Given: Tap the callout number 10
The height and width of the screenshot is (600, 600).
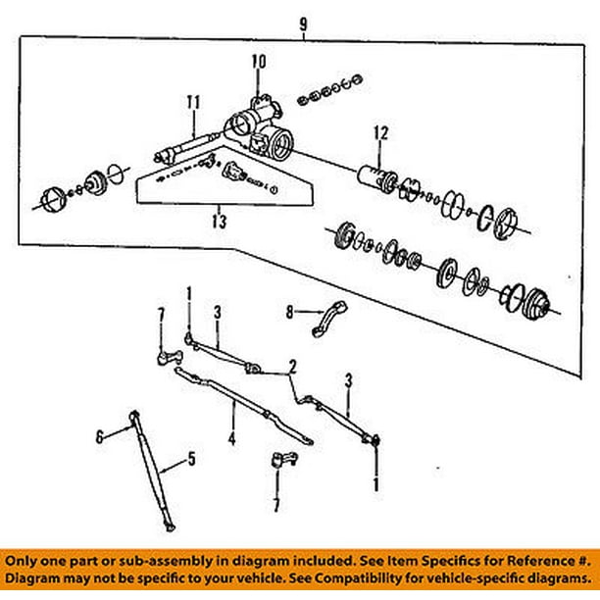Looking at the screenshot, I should pyautogui.click(x=258, y=61).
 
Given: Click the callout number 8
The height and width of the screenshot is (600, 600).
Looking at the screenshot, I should pyautogui.click(x=289, y=313).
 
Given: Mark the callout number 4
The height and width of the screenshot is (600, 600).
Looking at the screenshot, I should pyautogui.click(x=232, y=439).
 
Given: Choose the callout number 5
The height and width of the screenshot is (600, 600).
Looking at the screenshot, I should pyautogui.click(x=191, y=457).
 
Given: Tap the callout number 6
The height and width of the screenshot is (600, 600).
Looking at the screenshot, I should pyautogui.click(x=99, y=436).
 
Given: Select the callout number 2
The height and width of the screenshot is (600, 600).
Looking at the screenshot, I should pyautogui.click(x=292, y=368).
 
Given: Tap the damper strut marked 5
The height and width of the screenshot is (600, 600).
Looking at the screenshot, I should pyautogui.click(x=155, y=472).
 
